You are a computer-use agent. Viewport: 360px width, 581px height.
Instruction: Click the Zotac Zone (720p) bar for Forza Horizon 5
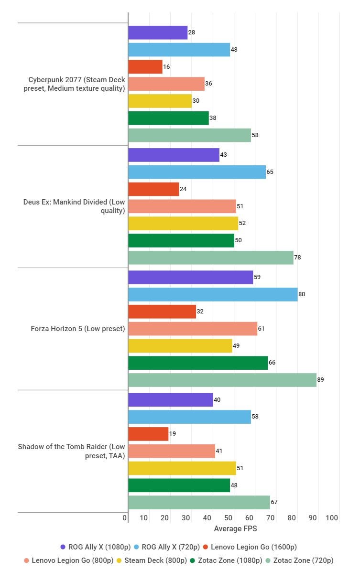(x=222, y=380)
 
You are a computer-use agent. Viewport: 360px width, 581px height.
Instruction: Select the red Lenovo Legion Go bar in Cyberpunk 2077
(x=145, y=67)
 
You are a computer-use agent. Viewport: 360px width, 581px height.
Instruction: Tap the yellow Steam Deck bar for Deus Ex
(x=183, y=223)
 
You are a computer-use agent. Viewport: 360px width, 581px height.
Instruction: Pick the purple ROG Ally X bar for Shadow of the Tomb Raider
(x=170, y=399)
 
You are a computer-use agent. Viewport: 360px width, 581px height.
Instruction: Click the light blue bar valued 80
(x=212, y=294)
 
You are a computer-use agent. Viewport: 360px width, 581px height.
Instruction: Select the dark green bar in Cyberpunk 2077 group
(x=168, y=118)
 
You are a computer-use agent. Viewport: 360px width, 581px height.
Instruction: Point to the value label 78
(x=297, y=258)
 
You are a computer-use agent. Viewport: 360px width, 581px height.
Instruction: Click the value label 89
(x=320, y=380)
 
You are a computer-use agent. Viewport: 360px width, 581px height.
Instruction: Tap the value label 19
(x=173, y=434)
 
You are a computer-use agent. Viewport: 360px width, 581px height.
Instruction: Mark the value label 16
(x=166, y=67)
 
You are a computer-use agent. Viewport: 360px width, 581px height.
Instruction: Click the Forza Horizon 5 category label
(x=77, y=329)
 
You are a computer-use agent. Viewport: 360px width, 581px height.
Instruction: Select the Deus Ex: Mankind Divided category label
(x=74, y=206)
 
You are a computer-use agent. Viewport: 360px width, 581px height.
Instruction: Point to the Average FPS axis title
(x=235, y=528)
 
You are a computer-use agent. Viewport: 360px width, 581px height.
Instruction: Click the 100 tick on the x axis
(x=332, y=518)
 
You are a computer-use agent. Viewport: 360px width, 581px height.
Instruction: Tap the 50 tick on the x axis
(x=229, y=518)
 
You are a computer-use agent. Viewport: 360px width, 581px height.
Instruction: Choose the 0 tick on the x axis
(x=125, y=518)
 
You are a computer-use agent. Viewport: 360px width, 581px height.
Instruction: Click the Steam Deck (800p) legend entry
(x=152, y=560)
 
